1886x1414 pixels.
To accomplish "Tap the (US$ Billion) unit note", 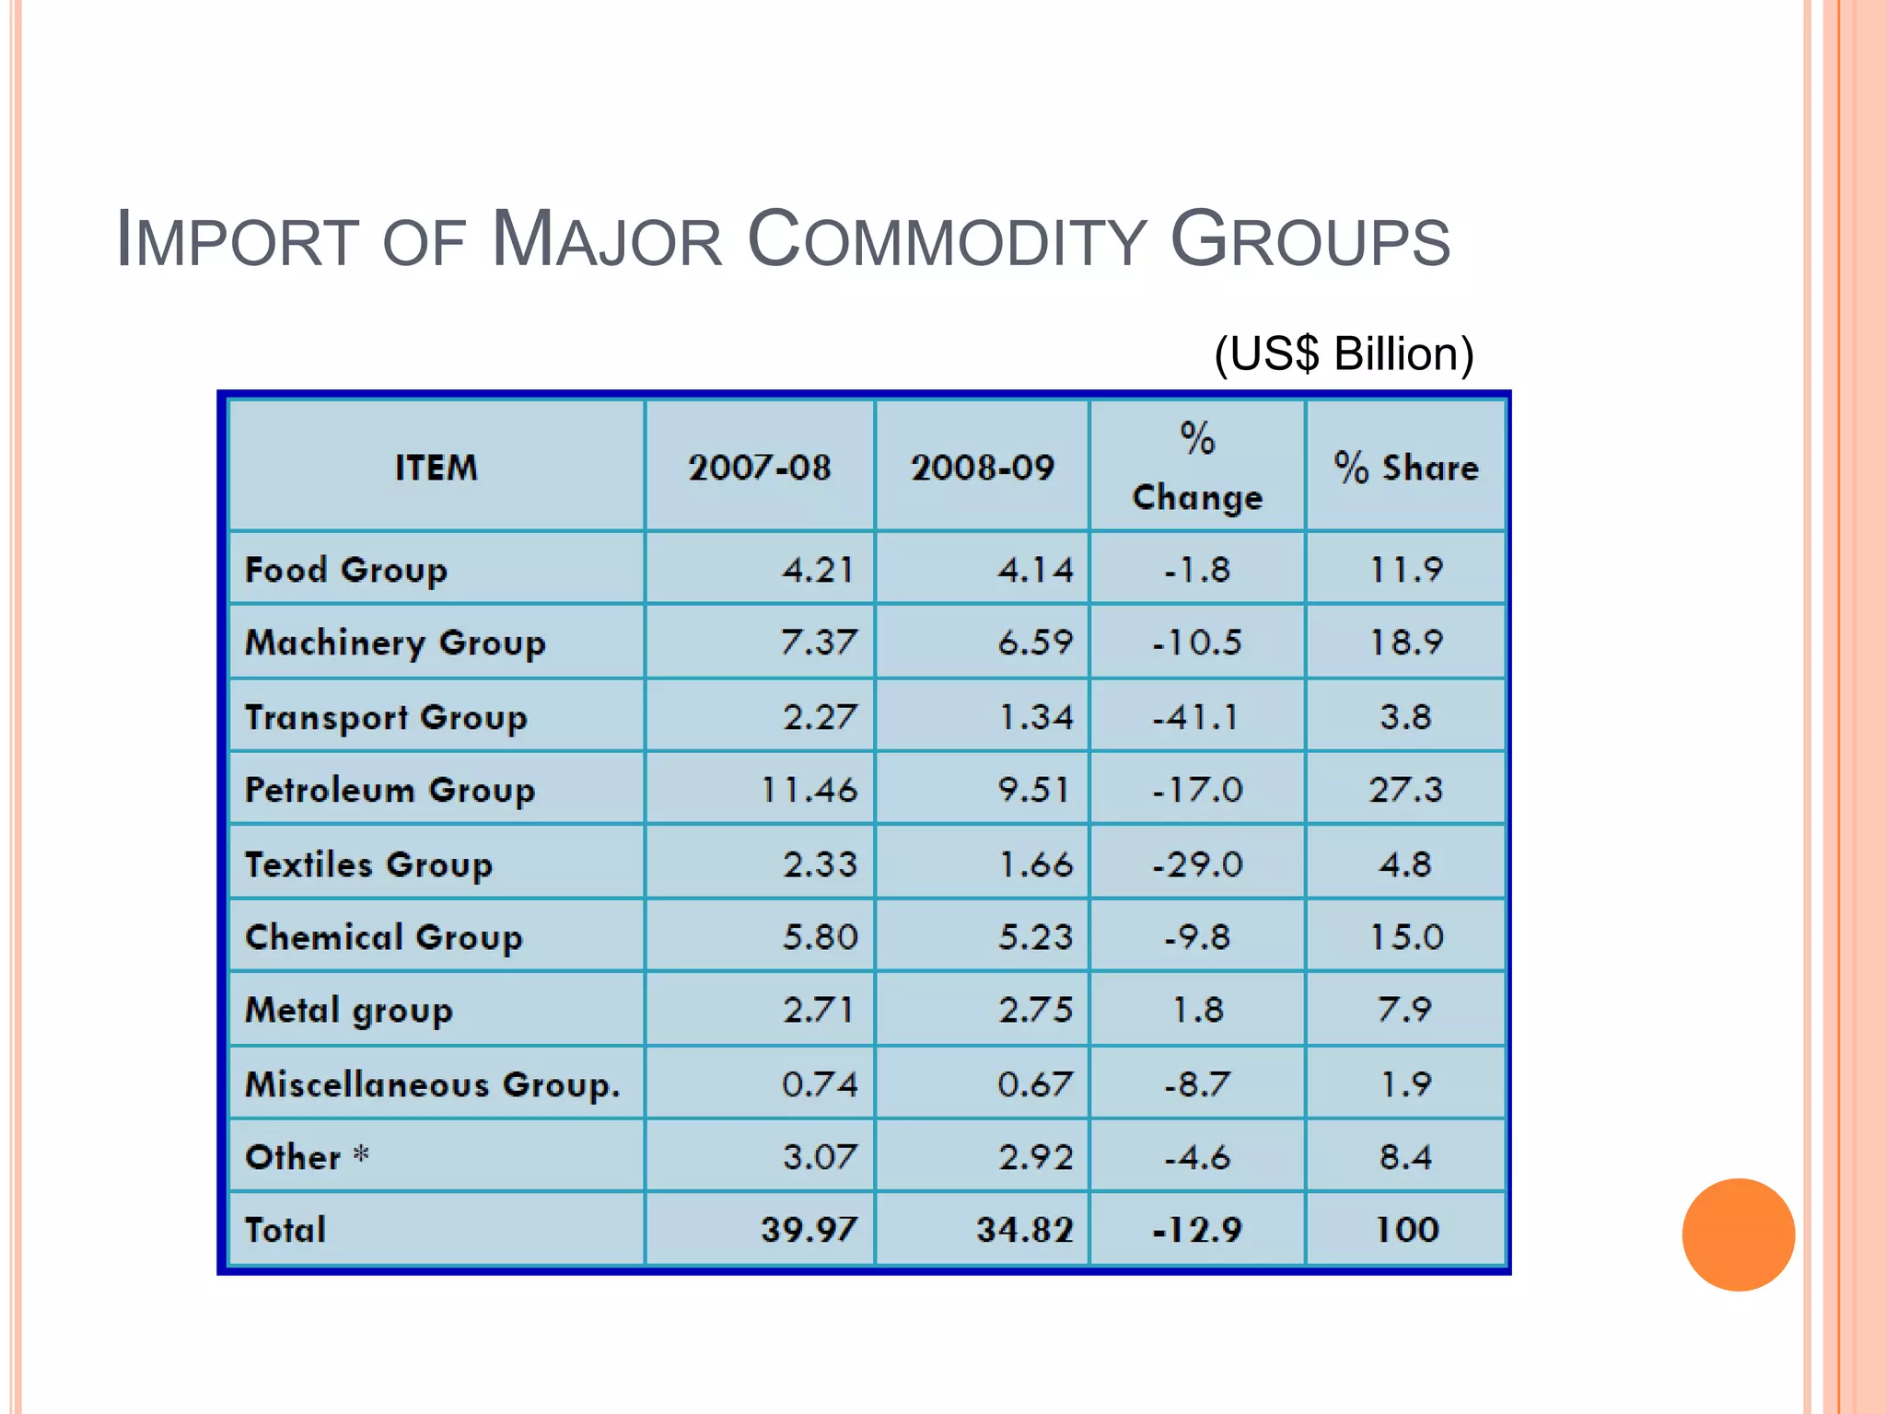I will click(1344, 354).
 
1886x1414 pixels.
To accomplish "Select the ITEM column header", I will click(437, 468).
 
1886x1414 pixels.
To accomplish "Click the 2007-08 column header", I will click(760, 468).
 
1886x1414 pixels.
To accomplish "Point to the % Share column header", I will click(1406, 468).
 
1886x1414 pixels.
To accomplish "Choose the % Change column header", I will click(1197, 468).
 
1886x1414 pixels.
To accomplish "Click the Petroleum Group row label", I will click(390, 790).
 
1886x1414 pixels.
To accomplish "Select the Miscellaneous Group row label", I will click(432, 1084).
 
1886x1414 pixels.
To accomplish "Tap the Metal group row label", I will click(349, 1011).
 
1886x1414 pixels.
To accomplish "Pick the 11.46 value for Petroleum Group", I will click(809, 790).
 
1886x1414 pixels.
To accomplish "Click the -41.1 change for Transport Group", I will click(1196, 717).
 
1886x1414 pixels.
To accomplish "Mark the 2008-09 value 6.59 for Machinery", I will click(1036, 643).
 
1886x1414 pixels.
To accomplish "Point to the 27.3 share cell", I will click(1405, 790).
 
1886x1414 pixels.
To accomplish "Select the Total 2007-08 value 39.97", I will click(809, 1230).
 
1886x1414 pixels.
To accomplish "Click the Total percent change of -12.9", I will click(1197, 1230).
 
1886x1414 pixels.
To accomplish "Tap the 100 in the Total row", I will click(1406, 1230).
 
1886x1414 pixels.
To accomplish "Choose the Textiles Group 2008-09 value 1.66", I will click(1036, 864).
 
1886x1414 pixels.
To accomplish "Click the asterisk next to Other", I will click(362, 1153).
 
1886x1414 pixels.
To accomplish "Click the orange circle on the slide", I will click(1738, 1234).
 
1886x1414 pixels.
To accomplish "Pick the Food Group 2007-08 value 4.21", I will click(819, 570).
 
